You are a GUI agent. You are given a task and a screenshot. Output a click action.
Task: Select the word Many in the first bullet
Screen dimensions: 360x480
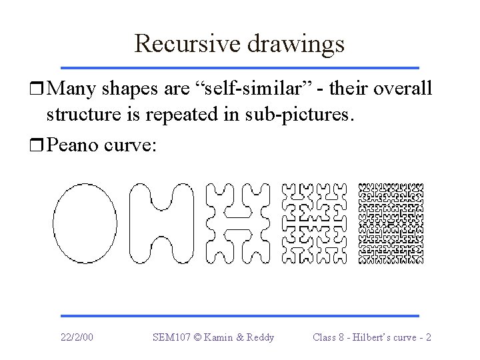(73, 88)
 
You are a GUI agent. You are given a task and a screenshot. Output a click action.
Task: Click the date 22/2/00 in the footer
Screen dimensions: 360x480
(77, 337)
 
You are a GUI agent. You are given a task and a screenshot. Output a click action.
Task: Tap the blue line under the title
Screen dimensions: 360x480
(239, 67)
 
